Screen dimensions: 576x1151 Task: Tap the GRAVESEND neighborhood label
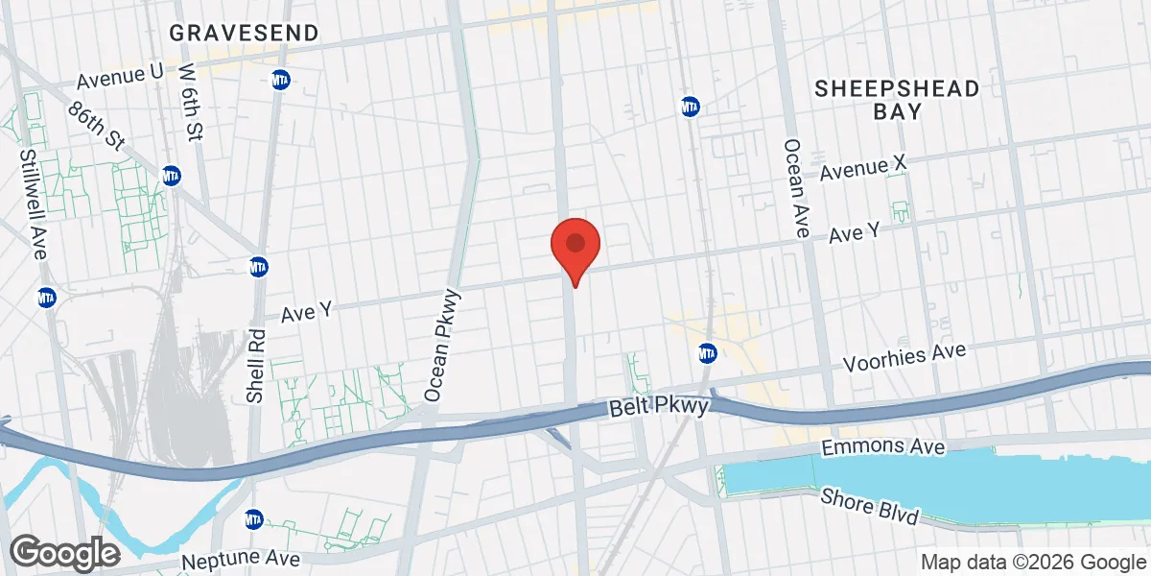pyautogui.click(x=244, y=33)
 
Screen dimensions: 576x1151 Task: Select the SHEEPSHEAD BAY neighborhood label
pyautogui.click(x=897, y=100)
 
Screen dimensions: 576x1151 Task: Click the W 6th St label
pyautogui.click(x=192, y=103)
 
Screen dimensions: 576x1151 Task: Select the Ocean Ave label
pyautogui.click(x=797, y=187)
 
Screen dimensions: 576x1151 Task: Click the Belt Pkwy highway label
pyautogui.click(x=658, y=408)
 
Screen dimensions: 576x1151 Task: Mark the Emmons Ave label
pyautogui.click(x=884, y=447)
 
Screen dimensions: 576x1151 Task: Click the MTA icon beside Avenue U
pyautogui.click(x=281, y=78)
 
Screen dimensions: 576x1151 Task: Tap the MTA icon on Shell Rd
pyautogui.click(x=258, y=266)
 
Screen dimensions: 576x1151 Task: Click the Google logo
pyautogui.click(x=64, y=552)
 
